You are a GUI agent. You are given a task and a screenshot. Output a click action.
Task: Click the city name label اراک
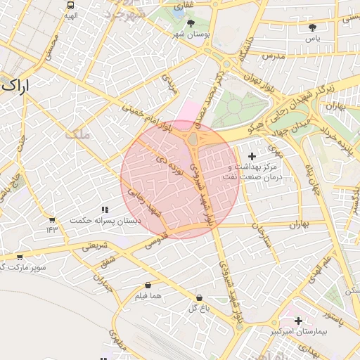tap(15, 86)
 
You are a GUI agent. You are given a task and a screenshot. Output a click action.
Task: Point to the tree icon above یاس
tap(312, 27)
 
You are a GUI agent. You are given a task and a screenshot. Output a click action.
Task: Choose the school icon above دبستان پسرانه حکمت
tap(105, 210)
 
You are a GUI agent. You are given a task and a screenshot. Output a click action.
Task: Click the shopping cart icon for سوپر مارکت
tap(19, 257)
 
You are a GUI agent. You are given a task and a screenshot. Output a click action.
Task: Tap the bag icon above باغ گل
tap(200, 297)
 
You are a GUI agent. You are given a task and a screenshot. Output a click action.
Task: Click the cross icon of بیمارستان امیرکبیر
tap(299, 321)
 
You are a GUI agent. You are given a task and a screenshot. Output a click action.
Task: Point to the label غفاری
tap(184, 5)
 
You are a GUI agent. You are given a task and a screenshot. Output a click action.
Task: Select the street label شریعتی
tap(96, 246)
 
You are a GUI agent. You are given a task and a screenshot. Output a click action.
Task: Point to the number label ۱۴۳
tap(52, 229)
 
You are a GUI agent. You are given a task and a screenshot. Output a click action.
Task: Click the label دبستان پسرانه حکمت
tap(105, 220)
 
